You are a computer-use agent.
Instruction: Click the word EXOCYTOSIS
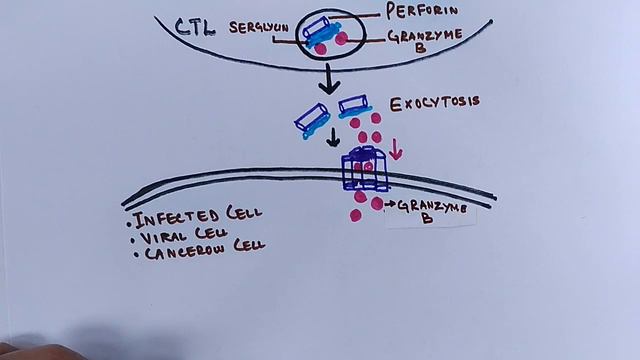click(435, 102)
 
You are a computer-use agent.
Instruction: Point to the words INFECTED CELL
click(198, 214)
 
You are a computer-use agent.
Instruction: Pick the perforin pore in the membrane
click(364, 170)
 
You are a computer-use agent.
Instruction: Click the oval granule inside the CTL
click(330, 34)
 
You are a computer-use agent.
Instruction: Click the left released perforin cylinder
click(311, 119)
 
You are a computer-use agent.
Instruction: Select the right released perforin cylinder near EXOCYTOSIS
click(355, 105)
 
